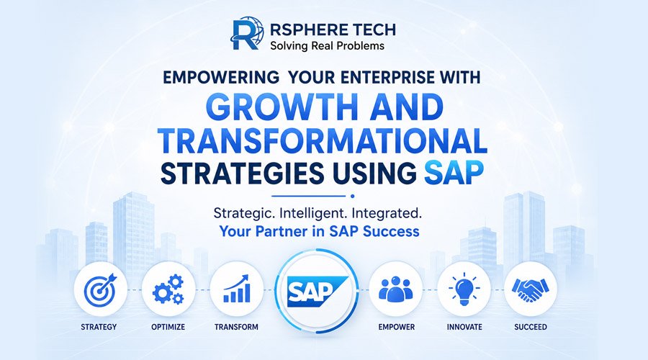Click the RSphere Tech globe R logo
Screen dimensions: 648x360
(247, 33)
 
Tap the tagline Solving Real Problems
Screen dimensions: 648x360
(328, 45)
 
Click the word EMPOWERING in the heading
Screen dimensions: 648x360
(221, 77)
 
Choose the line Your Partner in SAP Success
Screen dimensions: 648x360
(319, 231)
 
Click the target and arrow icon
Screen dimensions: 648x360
(100, 289)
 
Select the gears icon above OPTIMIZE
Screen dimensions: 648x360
(168, 289)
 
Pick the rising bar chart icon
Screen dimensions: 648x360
(237, 289)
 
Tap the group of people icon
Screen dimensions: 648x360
(395, 289)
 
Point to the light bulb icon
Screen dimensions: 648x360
(464, 289)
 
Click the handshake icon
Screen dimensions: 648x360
(530, 289)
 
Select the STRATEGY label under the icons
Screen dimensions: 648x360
(99, 327)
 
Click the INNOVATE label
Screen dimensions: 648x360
(464, 327)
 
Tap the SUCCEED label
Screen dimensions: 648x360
(531, 327)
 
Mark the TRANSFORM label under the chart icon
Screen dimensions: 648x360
(236, 327)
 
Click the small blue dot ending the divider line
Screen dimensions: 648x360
(352, 197)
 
